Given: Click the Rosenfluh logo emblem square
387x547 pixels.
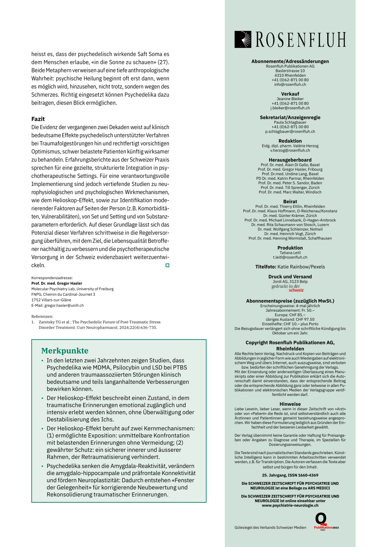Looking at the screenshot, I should (243, 40).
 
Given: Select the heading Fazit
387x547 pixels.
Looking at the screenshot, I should (38, 119).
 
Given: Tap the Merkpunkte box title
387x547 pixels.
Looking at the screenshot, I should (65, 351).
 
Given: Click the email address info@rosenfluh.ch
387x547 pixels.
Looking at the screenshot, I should (290, 85).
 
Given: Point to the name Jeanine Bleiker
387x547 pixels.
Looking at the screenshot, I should (290, 99).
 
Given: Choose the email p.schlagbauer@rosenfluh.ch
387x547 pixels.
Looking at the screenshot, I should (290, 131).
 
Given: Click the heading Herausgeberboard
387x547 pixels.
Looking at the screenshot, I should (290, 160).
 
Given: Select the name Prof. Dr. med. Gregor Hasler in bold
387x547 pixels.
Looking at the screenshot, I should (57, 283).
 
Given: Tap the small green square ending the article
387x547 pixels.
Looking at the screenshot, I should (167, 265).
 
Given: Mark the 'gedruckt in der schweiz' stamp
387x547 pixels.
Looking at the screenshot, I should (288, 288).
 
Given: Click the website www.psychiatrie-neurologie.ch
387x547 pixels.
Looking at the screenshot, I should (290, 505).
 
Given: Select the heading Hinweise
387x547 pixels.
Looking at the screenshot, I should (290, 404).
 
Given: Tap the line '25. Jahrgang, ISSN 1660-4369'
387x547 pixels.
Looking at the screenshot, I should (290, 475).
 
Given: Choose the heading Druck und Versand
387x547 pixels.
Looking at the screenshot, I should (290, 277).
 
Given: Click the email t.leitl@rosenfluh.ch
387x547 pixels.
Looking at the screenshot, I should (290, 257).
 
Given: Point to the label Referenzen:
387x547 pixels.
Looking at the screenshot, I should (42, 317).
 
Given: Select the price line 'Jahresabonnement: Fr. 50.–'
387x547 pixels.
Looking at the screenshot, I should (290, 310).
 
